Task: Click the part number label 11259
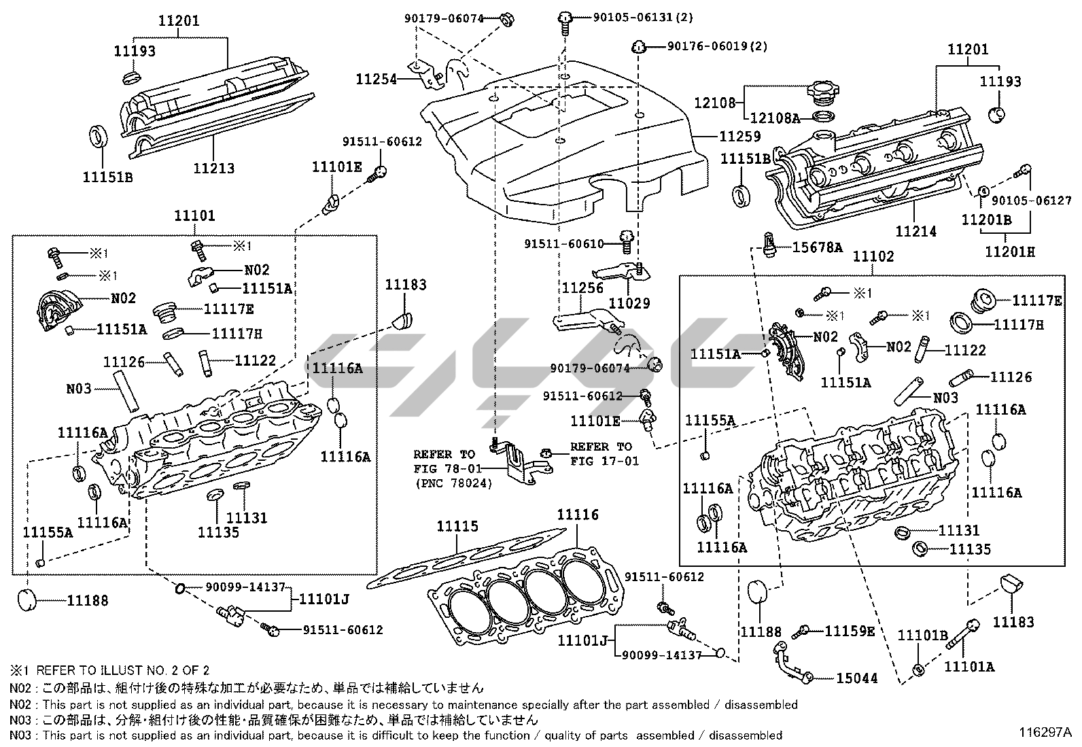click(739, 137)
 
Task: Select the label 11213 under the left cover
click(213, 168)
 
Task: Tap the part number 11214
click(915, 231)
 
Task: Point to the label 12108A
click(777, 118)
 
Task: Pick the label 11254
click(376, 79)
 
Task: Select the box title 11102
click(873, 257)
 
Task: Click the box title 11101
click(194, 216)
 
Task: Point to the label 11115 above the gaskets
click(457, 526)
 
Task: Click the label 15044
click(856, 678)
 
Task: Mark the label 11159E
click(850, 631)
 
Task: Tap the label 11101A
click(968, 667)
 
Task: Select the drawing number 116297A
click(1044, 733)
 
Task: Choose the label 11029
click(629, 303)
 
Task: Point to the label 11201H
click(1010, 252)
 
